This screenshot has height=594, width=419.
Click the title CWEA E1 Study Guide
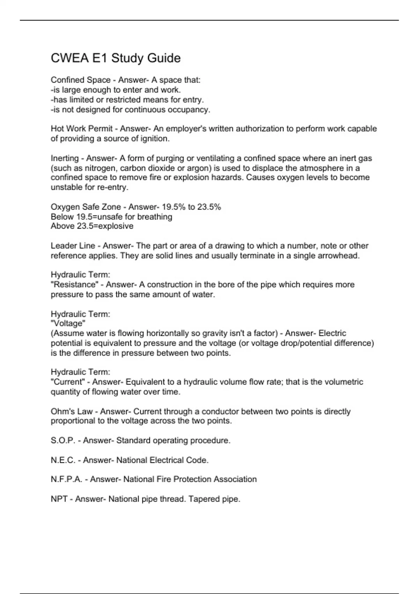click(x=116, y=58)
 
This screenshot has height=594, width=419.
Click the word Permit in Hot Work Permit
click(x=101, y=129)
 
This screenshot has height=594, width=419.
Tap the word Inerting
click(x=65, y=158)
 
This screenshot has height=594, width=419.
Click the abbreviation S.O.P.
click(x=63, y=441)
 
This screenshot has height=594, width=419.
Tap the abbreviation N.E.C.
click(x=63, y=460)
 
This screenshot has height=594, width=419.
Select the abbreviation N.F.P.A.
click(x=66, y=479)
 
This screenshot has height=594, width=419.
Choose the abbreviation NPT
click(x=59, y=499)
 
